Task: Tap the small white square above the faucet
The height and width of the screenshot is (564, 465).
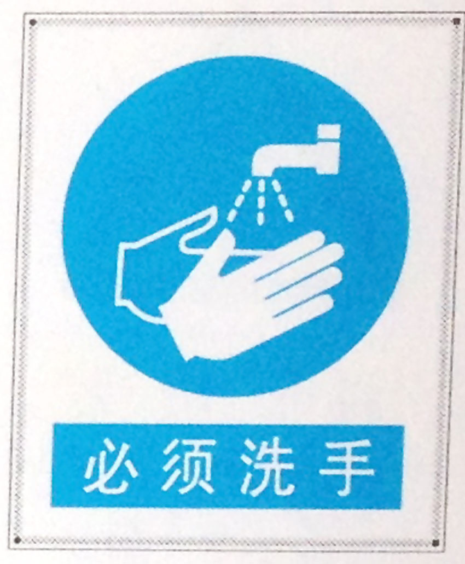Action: click(x=329, y=131)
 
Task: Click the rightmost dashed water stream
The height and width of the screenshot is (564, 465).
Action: click(x=283, y=202)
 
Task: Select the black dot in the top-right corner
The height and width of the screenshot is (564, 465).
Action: click(x=456, y=21)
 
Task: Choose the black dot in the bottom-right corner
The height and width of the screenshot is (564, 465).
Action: click(x=435, y=543)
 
